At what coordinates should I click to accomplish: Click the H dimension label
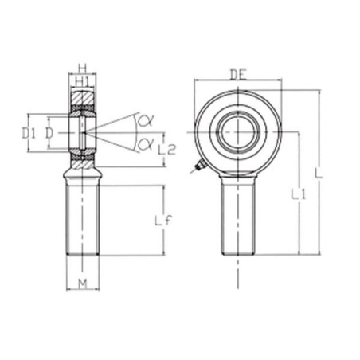click(83, 69)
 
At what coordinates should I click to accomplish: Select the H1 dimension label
click(83, 82)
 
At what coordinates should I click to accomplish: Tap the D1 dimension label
click(29, 133)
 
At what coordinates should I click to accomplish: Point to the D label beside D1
click(49, 133)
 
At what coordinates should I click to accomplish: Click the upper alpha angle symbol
click(145, 121)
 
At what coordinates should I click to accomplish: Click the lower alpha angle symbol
click(145, 144)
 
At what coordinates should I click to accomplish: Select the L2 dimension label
click(167, 150)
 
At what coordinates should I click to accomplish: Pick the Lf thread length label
click(163, 221)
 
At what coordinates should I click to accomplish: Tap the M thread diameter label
click(83, 284)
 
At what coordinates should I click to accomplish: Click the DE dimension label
click(238, 75)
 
